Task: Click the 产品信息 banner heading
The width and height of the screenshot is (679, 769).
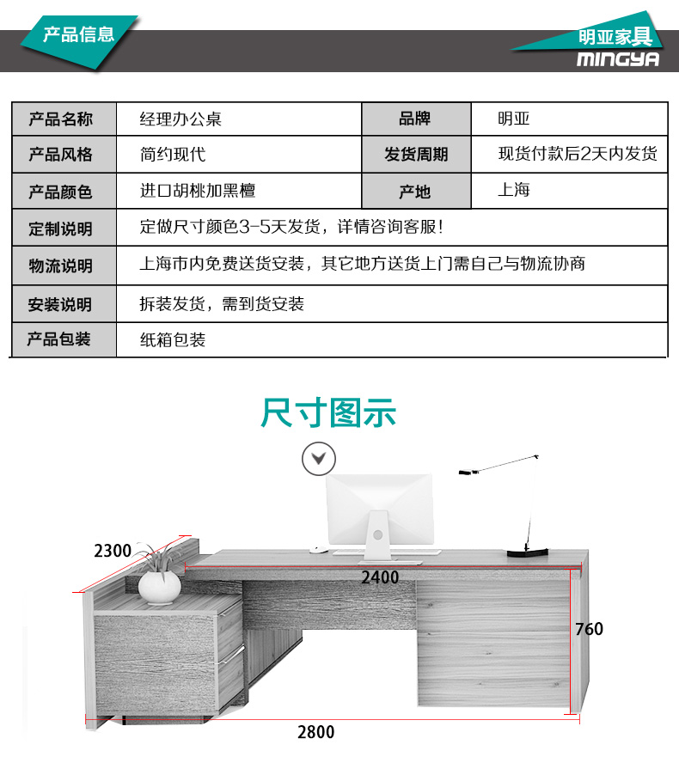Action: coord(78,34)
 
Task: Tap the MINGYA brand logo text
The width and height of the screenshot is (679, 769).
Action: coord(618,58)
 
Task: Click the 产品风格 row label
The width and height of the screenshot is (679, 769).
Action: coord(60,155)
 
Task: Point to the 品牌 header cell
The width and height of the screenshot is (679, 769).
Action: coord(415,119)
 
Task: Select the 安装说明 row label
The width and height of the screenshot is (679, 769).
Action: coord(60,304)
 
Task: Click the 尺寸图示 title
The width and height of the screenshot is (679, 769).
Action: coord(328,412)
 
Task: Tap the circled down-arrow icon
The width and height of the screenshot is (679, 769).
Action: coord(319,459)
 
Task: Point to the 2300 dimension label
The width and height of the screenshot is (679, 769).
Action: coord(113,551)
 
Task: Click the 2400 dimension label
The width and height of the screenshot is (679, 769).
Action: coord(380,577)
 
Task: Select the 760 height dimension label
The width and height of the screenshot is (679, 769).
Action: coord(590,629)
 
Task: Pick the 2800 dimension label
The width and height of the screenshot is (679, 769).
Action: coord(316,732)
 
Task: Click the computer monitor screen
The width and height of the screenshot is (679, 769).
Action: coord(380,509)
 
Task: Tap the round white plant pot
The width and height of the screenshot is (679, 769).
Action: coord(160,588)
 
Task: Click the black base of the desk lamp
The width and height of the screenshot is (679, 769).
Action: coord(528,552)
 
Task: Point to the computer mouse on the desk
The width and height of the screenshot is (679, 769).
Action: coord(318,550)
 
